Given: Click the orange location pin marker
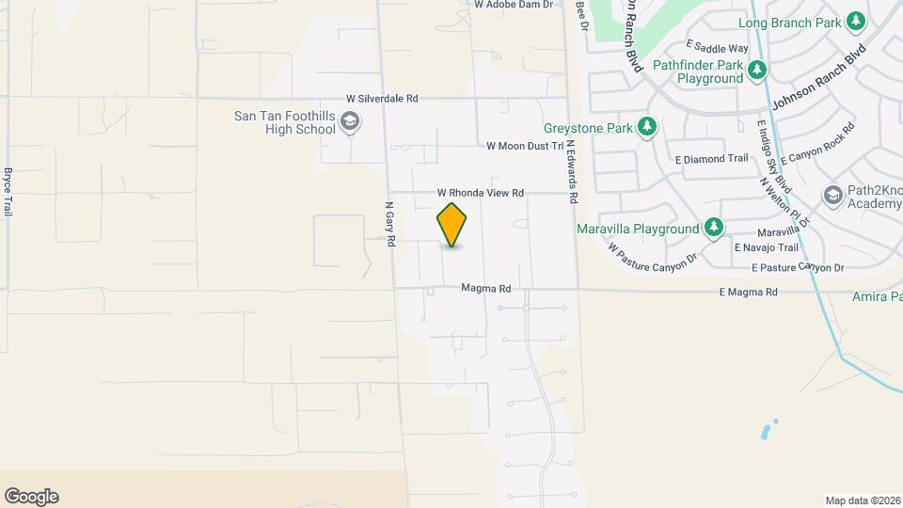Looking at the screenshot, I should pyautogui.click(x=451, y=225).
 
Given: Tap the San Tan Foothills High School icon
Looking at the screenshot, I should pyautogui.click(x=350, y=121).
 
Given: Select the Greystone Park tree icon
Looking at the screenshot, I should pyautogui.click(x=646, y=127).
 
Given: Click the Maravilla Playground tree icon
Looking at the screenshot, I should pyautogui.click(x=714, y=228).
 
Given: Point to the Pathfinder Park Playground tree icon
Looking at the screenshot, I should pyautogui.click(x=757, y=71).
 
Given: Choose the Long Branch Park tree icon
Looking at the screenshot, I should pyautogui.click(x=855, y=22).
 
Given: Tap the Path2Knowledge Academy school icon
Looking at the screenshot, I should pyautogui.click(x=832, y=196).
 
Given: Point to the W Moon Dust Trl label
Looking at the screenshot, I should pyautogui.click(x=524, y=146).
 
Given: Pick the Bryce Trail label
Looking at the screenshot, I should pyautogui.click(x=8, y=192).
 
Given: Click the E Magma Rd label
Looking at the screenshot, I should pyautogui.click(x=748, y=293).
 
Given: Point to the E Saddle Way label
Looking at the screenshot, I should pyautogui.click(x=717, y=47).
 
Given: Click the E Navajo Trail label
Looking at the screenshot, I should pyautogui.click(x=766, y=247).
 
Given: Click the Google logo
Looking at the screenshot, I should pyautogui.click(x=31, y=497).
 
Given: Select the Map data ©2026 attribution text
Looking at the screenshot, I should pyautogui.click(x=863, y=500).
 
